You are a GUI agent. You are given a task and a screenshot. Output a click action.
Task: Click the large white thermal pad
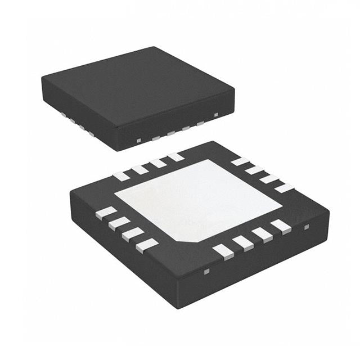[x=197, y=200]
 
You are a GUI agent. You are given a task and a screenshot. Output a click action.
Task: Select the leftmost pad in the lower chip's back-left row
[x=121, y=176]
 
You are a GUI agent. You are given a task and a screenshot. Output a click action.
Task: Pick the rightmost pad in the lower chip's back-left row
[x=175, y=157]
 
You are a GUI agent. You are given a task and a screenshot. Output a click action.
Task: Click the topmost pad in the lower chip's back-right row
[x=240, y=161]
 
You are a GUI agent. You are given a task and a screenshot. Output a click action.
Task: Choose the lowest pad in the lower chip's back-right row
[x=284, y=188]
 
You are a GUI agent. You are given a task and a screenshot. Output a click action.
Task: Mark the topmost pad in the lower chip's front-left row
[x=106, y=212]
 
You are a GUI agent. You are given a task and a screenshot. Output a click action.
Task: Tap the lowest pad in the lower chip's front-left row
[x=147, y=244]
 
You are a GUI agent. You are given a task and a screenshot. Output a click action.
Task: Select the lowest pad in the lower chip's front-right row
[x=224, y=251]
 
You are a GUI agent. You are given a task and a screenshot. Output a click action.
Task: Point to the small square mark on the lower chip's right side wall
[x=307, y=227]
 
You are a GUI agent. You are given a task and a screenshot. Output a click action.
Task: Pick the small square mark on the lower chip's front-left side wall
[x=206, y=272]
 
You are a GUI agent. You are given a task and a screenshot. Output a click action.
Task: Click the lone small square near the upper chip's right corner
[x=216, y=115]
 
